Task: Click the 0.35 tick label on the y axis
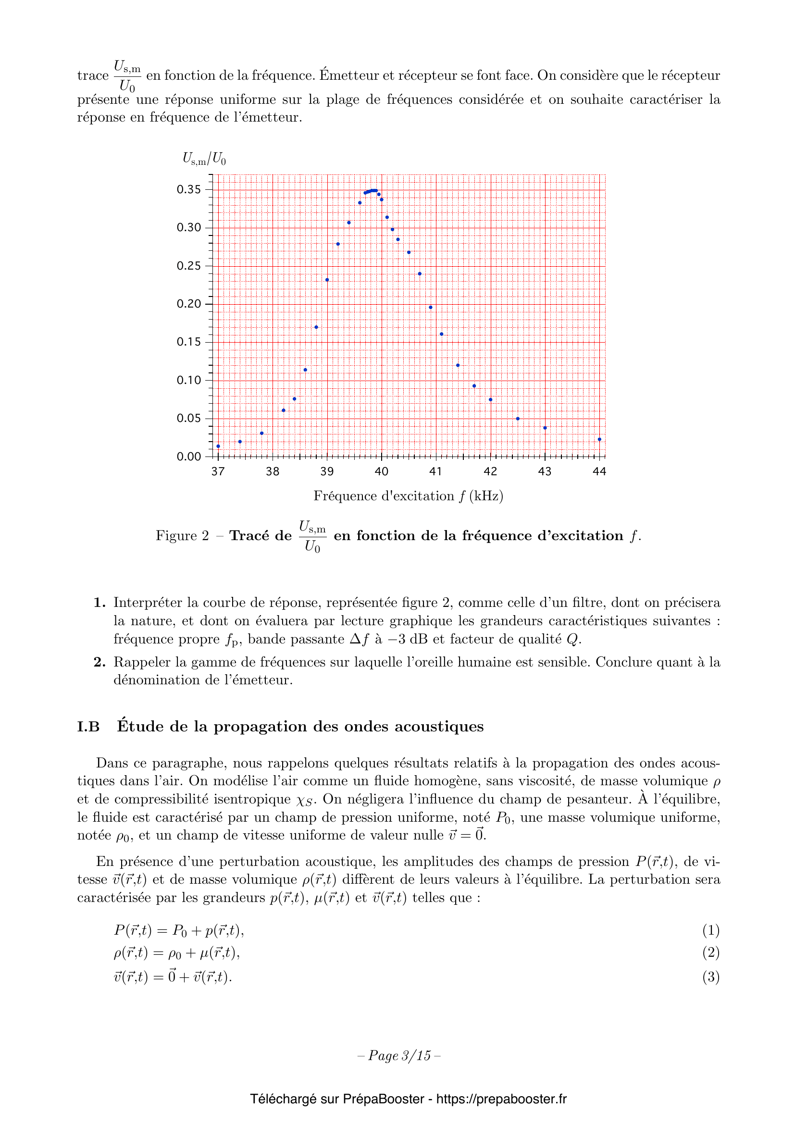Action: click(x=188, y=189)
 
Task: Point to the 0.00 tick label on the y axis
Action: click(x=188, y=457)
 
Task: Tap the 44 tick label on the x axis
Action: click(x=599, y=471)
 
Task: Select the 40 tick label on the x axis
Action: click(x=381, y=471)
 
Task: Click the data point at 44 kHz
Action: click(x=599, y=439)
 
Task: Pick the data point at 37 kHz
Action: click(x=218, y=446)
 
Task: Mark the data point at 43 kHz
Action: click(x=545, y=428)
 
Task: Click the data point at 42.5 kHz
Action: click(x=518, y=419)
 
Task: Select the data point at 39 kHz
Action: click(x=327, y=280)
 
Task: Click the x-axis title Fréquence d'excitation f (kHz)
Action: click(x=408, y=496)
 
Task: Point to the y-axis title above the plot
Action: click(x=204, y=158)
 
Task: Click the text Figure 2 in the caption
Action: click(x=182, y=535)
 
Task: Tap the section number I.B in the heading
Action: click(x=88, y=727)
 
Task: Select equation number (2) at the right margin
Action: click(x=710, y=952)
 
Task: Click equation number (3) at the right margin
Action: click(x=710, y=976)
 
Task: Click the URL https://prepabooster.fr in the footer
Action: click(x=501, y=1099)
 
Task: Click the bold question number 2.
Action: click(x=99, y=662)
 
